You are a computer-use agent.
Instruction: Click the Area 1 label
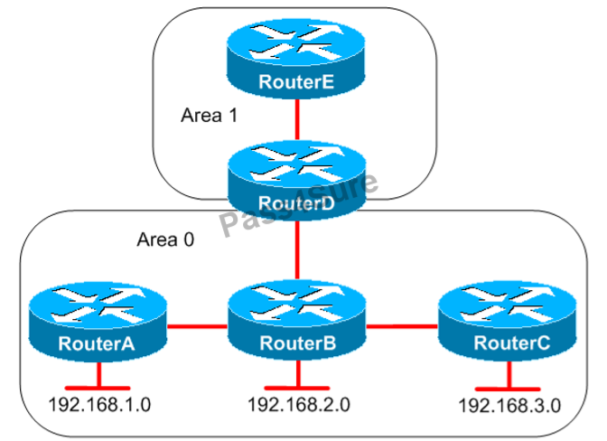(x=210, y=117)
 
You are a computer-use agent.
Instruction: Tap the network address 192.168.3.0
(x=509, y=405)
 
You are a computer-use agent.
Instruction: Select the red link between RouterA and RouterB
(x=196, y=324)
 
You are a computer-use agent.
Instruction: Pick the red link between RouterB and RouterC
(x=402, y=325)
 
